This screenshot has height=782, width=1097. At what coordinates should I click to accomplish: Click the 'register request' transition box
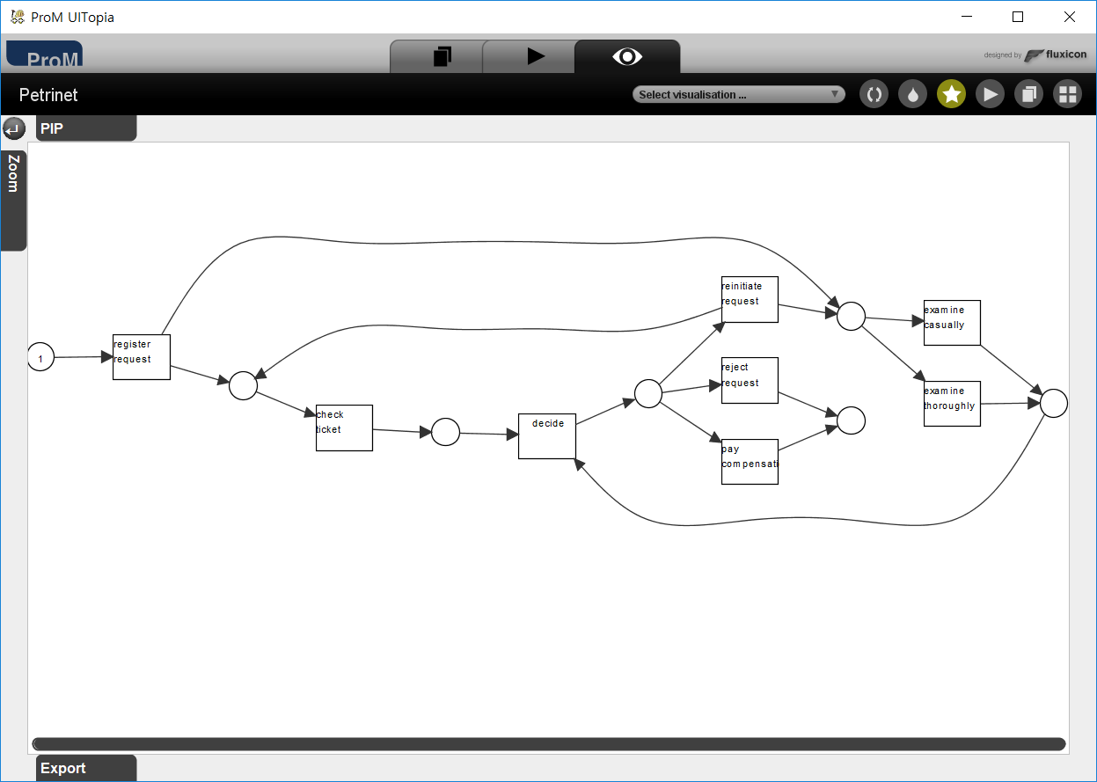(141, 356)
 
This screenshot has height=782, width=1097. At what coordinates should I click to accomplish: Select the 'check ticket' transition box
(344, 428)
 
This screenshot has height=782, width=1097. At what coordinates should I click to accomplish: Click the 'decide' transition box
(546, 436)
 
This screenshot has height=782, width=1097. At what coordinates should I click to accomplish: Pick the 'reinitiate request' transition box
(750, 299)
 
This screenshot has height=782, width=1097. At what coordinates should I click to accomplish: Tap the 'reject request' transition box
(750, 380)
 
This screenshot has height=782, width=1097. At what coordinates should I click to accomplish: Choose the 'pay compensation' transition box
(750, 461)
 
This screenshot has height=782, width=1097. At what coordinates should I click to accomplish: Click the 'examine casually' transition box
(952, 323)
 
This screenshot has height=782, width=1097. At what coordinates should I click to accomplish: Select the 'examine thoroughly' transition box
(952, 404)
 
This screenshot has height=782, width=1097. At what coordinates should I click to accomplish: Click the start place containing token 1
(40, 357)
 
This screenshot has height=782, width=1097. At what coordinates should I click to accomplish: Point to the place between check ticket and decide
(445, 432)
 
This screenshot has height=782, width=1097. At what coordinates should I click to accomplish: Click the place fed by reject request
(851, 420)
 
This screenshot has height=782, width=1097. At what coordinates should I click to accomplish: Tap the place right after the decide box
(647, 393)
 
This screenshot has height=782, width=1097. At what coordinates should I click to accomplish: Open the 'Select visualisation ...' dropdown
(738, 94)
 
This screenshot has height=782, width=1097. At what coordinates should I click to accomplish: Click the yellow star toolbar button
(951, 94)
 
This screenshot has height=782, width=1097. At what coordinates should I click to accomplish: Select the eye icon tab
(626, 56)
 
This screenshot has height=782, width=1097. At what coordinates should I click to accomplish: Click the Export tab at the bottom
(85, 768)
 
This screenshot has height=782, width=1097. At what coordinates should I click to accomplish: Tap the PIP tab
(85, 128)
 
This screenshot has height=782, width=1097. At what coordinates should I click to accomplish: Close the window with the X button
(1069, 17)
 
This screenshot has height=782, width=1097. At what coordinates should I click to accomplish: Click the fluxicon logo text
(1065, 55)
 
